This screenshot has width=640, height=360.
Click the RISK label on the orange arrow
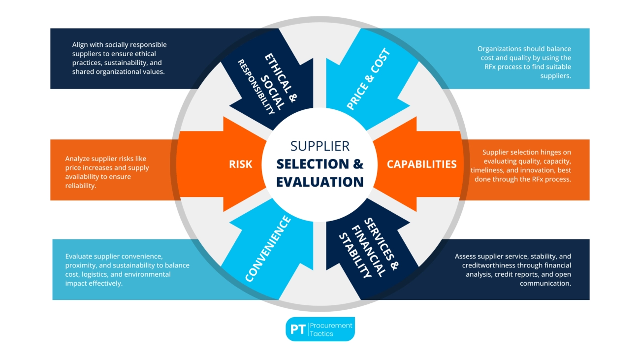[x=240, y=164]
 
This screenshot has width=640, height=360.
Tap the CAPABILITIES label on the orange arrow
[x=421, y=164]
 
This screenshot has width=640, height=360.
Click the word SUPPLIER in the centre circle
[x=320, y=146]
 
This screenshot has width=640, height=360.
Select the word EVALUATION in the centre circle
[x=320, y=182]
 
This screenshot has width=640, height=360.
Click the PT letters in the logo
[x=298, y=329]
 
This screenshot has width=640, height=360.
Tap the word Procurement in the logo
[x=331, y=325]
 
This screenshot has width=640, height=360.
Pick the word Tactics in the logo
[x=321, y=334]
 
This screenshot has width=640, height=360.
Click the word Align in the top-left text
[x=80, y=45]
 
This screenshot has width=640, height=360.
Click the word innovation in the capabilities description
[x=532, y=170]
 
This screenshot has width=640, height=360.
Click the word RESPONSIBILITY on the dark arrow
[x=256, y=87]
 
